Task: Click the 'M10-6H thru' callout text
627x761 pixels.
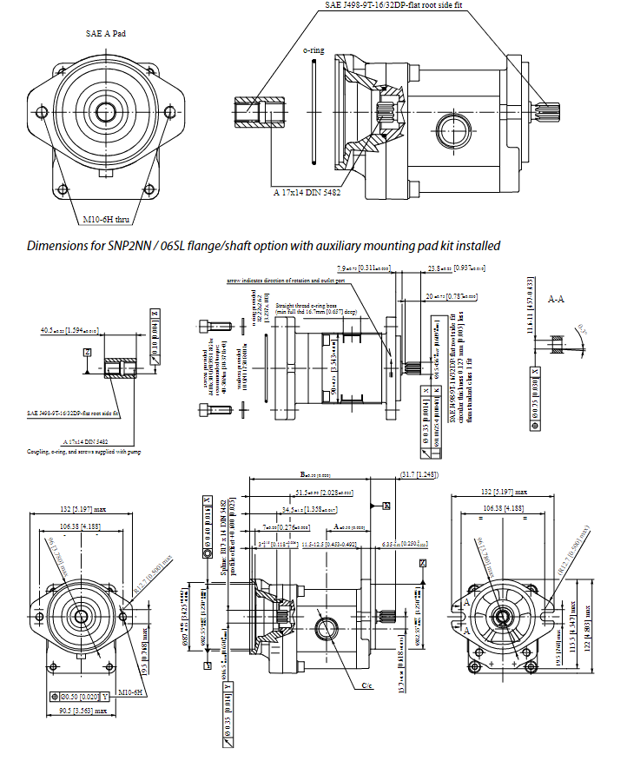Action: pyautogui.click(x=107, y=218)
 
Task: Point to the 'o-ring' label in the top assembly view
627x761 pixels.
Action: pyautogui.click(x=313, y=50)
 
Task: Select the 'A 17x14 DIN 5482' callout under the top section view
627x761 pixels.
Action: pyautogui.click(x=307, y=191)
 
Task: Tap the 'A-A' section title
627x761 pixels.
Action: pyautogui.click(x=557, y=297)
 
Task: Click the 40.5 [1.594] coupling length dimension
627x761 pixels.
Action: pyautogui.click(x=69, y=331)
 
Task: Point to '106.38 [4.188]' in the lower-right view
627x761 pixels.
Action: pyautogui.click(x=507, y=506)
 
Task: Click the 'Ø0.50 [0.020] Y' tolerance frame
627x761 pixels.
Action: pyautogui.click(x=79, y=697)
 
